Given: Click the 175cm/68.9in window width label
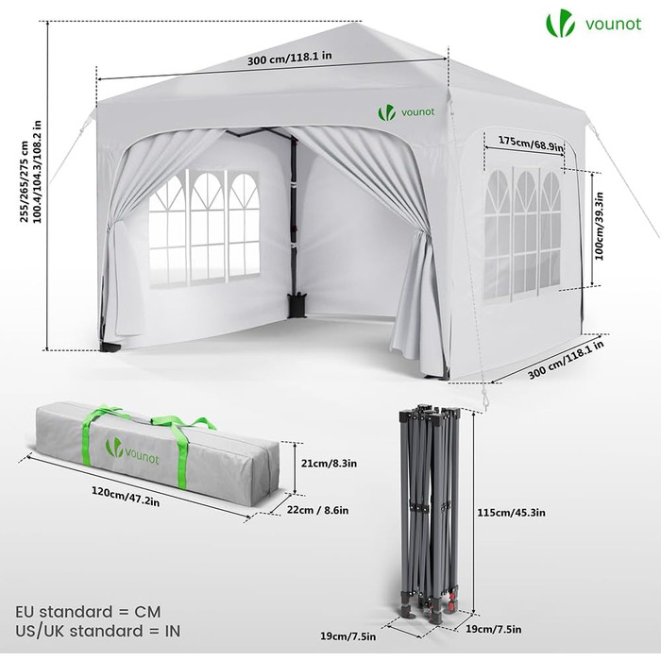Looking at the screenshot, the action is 531,144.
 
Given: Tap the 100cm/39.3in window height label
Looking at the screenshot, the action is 600,226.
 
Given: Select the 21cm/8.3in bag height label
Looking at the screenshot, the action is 329,464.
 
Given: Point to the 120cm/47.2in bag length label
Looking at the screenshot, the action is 126,497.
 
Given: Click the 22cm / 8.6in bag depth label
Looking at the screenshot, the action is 318,510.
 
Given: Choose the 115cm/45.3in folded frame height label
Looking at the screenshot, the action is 512,513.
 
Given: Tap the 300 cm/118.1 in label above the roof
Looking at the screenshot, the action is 289,58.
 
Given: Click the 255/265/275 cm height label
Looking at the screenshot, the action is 25,181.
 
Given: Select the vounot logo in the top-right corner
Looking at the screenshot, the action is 594,25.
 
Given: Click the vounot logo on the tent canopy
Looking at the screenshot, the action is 405,112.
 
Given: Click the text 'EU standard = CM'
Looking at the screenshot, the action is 88,612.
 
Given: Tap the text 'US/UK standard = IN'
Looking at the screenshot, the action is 98,631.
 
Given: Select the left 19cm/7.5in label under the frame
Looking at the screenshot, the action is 347,636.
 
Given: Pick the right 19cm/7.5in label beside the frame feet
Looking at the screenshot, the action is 494,630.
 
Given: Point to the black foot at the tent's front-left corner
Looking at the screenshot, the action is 110,347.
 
